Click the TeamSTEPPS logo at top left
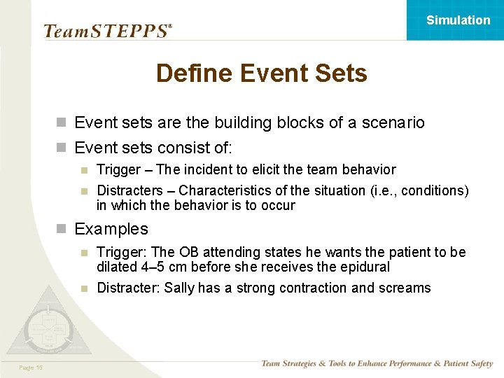tap(107, 31)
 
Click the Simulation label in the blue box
tap(458, 20)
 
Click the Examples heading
tap(111, 229)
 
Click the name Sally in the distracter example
tap(179, 288)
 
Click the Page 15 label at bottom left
tap(31, 367)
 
